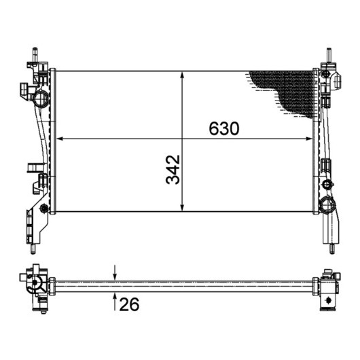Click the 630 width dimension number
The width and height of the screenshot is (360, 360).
(x=224, y=128)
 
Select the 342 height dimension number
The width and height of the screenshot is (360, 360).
(x=173, y=170)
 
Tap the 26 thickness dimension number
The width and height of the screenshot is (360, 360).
(x=129, y=304)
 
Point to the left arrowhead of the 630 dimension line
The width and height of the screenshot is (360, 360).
(x=60, y=139)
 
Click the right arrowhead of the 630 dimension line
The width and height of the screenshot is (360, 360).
(x=309, y=139)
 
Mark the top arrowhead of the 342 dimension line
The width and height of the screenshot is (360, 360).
(x=182, y=75)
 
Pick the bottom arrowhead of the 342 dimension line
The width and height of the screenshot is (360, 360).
(x=182, y=208)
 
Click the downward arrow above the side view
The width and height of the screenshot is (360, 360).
(x=115, y=273)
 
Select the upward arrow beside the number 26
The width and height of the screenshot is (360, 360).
(x=115, y=302)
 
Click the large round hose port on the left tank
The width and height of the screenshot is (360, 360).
(x=41, y=98)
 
